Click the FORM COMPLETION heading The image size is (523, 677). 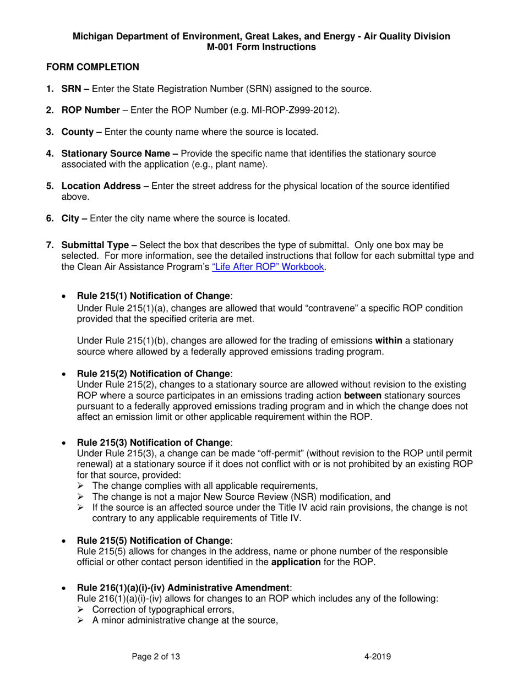(x=92, y=67)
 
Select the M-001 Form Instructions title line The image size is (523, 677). (x=261, y=47)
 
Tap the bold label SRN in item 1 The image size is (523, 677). (x=71, y=89)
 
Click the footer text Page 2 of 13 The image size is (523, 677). (x=156, y=656)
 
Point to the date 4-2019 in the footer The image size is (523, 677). (x=378, y=656)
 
